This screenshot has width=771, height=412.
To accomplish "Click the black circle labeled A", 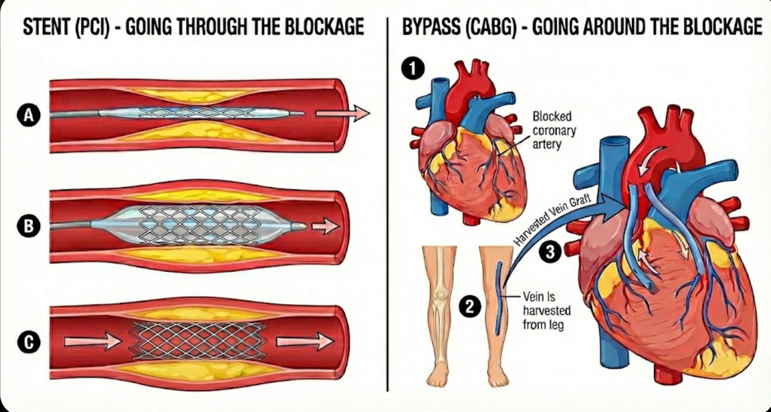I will [29, 115].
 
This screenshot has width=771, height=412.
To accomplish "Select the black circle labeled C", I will [29, 343].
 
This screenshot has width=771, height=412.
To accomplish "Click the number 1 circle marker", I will [413, 69].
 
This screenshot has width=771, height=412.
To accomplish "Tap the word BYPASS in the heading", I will [431, 27].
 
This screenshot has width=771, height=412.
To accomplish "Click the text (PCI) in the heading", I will [93, 27].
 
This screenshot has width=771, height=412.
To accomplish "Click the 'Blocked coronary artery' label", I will [554, 130].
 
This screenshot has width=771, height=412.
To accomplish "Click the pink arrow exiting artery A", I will [343, 114].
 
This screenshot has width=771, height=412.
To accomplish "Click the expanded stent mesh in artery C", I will [198, 341].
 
